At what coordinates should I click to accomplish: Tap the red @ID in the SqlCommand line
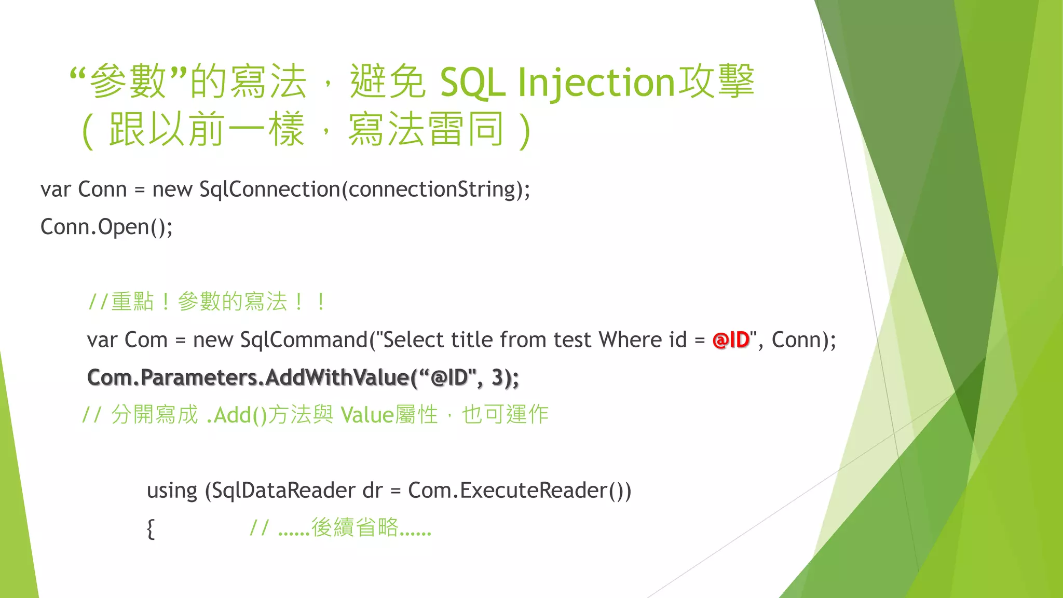pos(731,340)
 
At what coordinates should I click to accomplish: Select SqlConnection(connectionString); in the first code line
pos(365,189)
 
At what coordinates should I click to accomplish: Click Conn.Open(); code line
pos(106,227)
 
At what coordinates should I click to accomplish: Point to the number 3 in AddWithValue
pos(497,377)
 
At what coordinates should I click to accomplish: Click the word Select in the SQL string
pos(413,340)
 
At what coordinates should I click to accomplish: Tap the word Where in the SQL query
pos(630,340)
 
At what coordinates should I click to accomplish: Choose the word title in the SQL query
pos(471,340)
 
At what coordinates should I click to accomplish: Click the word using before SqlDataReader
pos(172,491)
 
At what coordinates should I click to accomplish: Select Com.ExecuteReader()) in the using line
pos(520,491)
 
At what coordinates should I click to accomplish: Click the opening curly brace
pos(151,529)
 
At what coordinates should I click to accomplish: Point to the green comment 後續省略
pos(355,528)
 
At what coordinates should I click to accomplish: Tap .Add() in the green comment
pos(236,415)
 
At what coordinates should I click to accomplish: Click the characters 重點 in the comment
pos(132,302)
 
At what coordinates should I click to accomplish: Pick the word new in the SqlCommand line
pos(212,340)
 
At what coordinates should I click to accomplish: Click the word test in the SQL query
pos(572,340)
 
